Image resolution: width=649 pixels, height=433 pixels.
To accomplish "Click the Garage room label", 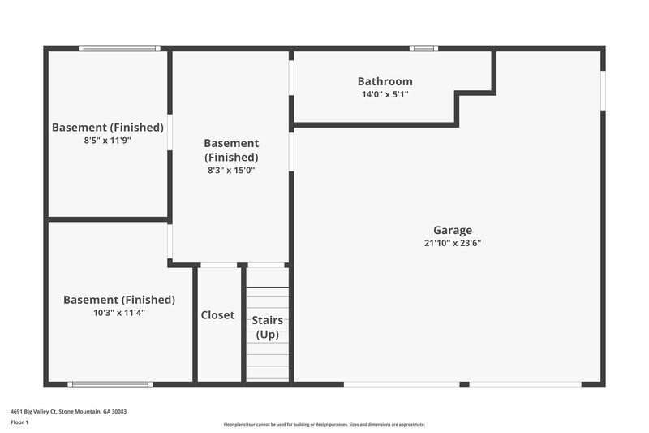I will click(452, 230).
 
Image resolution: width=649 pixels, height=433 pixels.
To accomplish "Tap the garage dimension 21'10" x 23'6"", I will click(452, 243).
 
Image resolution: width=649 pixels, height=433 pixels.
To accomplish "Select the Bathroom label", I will click(385, 81).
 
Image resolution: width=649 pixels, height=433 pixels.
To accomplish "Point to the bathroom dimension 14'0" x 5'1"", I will click(385, 94).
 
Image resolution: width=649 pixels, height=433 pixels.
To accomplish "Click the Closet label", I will click(217, 315).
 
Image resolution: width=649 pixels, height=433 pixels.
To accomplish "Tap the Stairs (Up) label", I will click(267, 327).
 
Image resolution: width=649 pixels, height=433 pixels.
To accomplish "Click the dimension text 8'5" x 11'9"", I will click(107, 140).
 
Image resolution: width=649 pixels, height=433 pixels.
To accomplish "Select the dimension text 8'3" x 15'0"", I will click(230, 171).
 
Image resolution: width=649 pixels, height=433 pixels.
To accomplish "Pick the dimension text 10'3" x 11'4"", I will click(118, 313).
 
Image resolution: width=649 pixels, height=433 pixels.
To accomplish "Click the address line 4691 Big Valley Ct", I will click(68, 411).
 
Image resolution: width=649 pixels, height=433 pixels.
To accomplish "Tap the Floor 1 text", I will click(19, 422).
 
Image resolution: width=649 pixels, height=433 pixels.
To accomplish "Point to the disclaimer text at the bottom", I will click(324, 424).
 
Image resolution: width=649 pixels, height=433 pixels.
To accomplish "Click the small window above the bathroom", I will click(423, 49).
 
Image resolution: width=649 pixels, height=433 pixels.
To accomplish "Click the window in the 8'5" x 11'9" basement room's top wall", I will click(118, 49).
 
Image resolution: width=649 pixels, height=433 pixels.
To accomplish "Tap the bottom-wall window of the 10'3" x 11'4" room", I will click(110, 383).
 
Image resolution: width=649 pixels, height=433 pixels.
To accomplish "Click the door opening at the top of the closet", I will click(218, 265).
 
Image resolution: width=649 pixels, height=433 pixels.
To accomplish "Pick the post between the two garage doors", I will click(464, 383).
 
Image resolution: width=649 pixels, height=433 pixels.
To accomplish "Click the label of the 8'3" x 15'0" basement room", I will click(230, 150).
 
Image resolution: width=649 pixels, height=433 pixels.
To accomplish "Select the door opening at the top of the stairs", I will click(267, 265).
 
